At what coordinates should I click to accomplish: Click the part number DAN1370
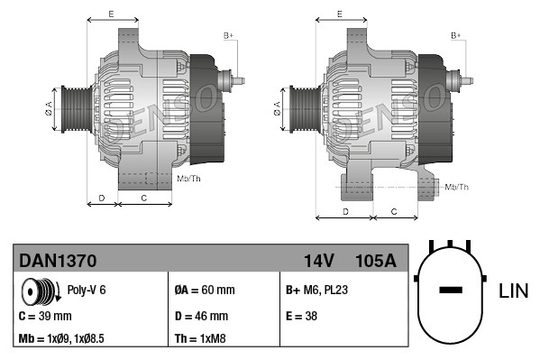click(x=58, y=261)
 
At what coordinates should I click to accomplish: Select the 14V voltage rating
click(x=318, y=261)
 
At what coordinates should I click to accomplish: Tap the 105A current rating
click(x=375, y=261)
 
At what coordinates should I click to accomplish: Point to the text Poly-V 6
click(x=87, y=291)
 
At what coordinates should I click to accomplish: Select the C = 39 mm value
click(x=45, y=316)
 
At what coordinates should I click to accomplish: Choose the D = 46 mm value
click(x=201, y=316)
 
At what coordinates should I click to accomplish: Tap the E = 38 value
click(x=301, y=316)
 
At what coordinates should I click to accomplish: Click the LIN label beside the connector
click(x=513, y=291)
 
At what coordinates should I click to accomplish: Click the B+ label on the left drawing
click(x=228, y=34)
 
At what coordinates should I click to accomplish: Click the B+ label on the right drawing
click(x=456, y=34)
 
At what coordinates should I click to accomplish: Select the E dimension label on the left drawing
click(x=110, y=14)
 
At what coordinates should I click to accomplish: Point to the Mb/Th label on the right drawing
click(x=457, y=187)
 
